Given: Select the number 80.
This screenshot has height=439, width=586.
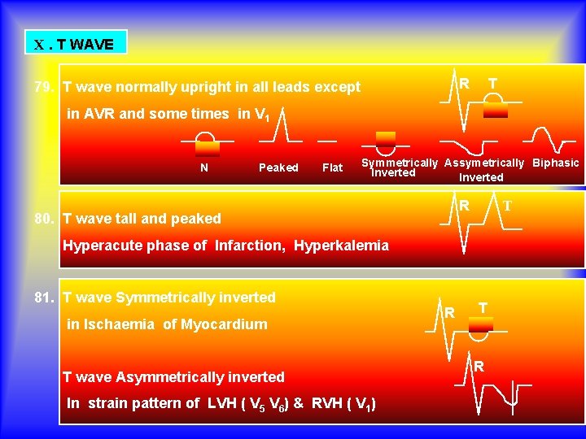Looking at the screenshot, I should (x=45, y=218).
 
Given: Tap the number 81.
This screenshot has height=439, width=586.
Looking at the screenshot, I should (x=45, y=298).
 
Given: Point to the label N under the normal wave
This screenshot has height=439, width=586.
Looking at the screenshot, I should (x=204, y=167).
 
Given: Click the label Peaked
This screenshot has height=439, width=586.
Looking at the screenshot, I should (x=278, y=167).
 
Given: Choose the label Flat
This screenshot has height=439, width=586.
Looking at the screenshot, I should (x=333, y=167).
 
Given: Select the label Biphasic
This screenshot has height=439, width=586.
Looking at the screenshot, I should (x=556, y=163).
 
